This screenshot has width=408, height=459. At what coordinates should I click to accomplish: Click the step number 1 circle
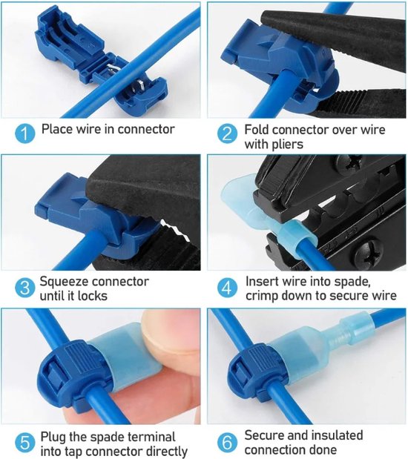pyautogui.click(x=24, y=134)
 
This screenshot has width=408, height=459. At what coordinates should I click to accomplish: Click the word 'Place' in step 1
pyautogui.click(x=56, y=129)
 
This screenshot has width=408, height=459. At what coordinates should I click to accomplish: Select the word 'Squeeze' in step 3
pyautogui.click(x=65, y=282)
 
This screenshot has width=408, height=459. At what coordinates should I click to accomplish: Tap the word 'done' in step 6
pyautogui.click(x=322, y=450)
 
